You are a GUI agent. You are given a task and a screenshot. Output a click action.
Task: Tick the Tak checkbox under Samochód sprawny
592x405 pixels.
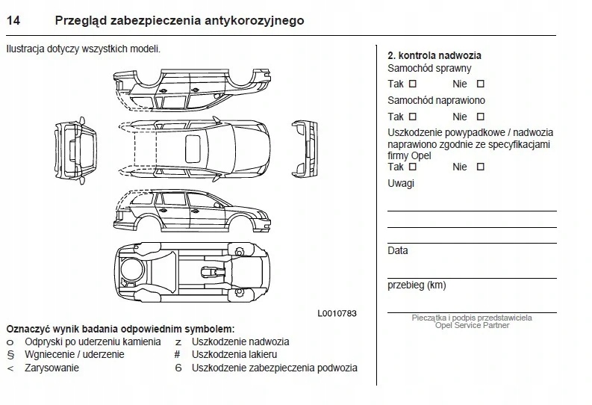[x=413, y=84]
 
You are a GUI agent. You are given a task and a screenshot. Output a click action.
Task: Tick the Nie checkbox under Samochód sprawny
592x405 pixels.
[x=480, y=84]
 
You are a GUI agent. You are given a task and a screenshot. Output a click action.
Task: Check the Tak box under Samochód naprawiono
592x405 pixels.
[x=413, y=117]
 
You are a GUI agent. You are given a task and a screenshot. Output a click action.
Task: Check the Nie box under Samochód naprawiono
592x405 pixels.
[x=480, y=117]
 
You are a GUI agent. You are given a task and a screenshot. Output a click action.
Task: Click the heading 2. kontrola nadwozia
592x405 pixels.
[x=434, y=55]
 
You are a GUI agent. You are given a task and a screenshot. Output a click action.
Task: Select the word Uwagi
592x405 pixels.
[x=401, y=184]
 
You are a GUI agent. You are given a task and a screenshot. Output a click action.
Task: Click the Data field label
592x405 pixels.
[x=398, y=251]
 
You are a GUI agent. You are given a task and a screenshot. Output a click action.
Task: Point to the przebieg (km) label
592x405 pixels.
[x=417, y=285]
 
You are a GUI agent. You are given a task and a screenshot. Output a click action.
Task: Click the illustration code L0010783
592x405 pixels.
[x=337, y=314]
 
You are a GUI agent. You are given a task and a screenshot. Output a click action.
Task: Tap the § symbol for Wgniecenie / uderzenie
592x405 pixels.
[x=10, y=355]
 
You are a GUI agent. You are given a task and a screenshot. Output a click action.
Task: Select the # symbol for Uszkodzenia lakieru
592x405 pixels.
[x=178, y=355]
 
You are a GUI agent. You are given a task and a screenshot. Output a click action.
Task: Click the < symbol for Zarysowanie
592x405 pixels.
[x=10, y=368]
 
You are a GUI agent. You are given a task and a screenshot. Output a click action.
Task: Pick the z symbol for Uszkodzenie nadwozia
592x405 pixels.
[x=178, y=341]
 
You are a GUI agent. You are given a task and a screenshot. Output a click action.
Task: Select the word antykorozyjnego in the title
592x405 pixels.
[x=254, y=21]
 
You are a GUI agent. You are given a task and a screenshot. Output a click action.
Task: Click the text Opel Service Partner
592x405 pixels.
[x=472, y=326]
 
